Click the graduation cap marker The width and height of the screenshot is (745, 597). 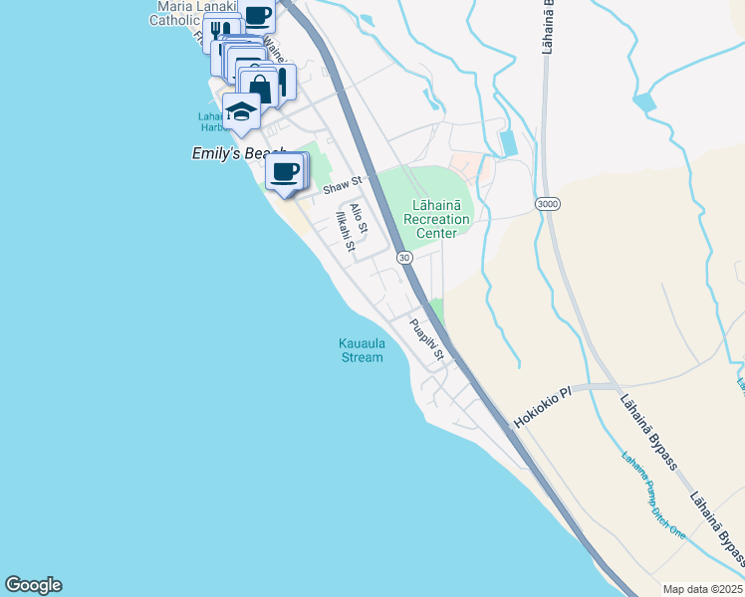click(241, 112)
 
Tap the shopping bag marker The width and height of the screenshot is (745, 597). click(260, 88)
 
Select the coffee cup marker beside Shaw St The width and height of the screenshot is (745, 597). click(286, 171)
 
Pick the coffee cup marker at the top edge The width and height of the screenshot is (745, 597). click(257, 16)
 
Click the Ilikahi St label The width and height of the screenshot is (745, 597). click(344, 230)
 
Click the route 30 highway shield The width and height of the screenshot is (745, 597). click(404, 258)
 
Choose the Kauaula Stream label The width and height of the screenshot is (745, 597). click(361, 351)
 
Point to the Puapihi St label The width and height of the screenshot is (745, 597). click(429, 338)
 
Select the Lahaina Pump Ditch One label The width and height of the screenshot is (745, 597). click(653, 496)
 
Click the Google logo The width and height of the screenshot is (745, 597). click(33, 585)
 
